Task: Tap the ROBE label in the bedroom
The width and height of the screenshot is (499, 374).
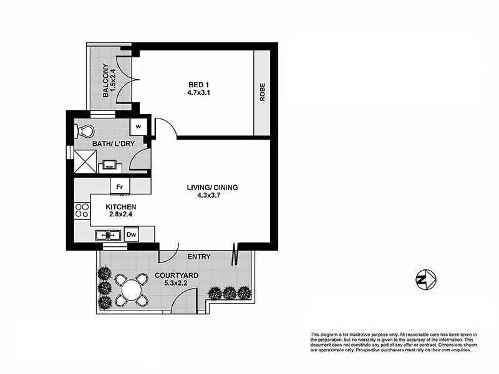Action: click(263, 93)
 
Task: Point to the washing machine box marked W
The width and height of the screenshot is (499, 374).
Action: click(138, 127)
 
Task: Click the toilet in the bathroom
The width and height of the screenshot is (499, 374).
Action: click(84, 131)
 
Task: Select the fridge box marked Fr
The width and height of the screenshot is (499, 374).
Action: click(120, 186)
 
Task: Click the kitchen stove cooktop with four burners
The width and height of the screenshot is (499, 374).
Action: click(82, 211)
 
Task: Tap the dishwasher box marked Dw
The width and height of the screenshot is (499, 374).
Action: click(131, 234)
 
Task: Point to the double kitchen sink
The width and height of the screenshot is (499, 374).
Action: click(107, 235)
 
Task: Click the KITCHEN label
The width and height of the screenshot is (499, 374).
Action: click(121, 208)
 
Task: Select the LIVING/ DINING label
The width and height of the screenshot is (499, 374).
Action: click(213, 188)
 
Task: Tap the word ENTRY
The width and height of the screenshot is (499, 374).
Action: click(199, 257)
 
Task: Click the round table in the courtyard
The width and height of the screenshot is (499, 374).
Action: click(132, 288)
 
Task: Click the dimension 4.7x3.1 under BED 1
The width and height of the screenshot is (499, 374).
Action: click(198, 94)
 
